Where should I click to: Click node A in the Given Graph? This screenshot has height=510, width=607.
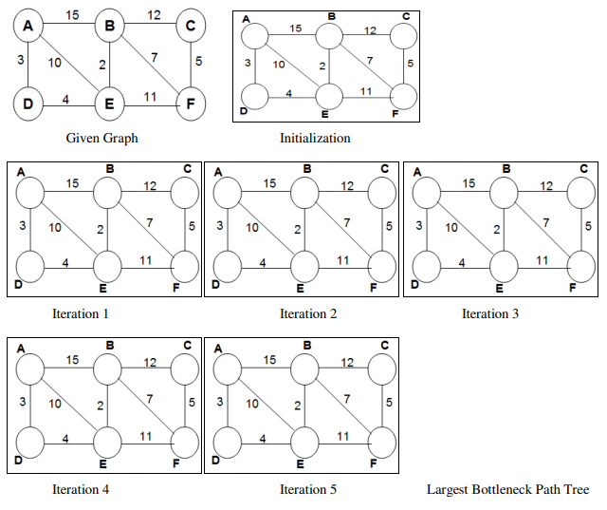pyautogui.click(x=28, y=27)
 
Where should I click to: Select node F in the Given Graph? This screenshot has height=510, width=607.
pyautogui.click(x=191, y=104)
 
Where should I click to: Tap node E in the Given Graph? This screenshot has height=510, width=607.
pyautogui.click(x=110, y=104)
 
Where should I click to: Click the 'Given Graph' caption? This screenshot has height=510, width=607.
pyautogui.click(x=101, y=138)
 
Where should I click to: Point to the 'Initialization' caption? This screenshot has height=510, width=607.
pyautogui.click(x=315, y=138)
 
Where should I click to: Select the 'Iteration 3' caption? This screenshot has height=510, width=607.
pyautogui.click(x=490, y=312)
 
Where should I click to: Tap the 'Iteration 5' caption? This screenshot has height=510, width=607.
pyautogui.click(x=307, y=489)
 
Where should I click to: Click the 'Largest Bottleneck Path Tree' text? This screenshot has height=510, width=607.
pyautogui.click(x=507, y=489)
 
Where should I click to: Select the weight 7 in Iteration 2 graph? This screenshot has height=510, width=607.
pyautogui.click(x=347, y=221)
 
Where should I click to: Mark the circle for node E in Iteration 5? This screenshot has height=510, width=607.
pyautogui.click(x=304, y=442)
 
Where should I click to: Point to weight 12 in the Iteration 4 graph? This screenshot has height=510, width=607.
pyautogui.click(x=150, y=362)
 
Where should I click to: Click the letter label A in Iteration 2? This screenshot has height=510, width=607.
pyautogui.click(x=219, y=172)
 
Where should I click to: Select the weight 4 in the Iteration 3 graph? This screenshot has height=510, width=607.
pyautogui.click(x=461, y=263)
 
